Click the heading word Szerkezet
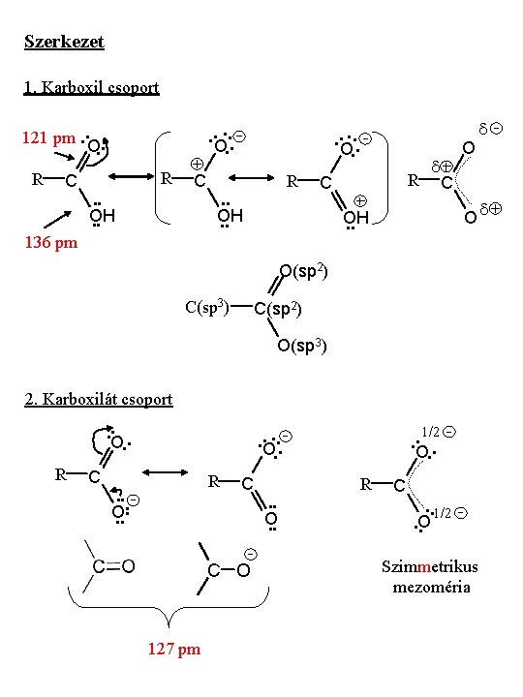pos(64,42)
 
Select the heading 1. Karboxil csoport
pos(92,87)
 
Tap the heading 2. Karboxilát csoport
pos(98,399)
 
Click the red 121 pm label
pos(49,137)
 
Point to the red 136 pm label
pos(51,242)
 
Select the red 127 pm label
pos(174,649)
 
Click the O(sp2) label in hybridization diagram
pos(303,271)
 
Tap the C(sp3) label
pos(207,307)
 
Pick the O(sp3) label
pos(302,346)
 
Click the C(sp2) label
pos(278,309)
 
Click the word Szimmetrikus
pos(430,566)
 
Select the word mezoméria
pos(431,588)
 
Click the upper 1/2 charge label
pos(439,432)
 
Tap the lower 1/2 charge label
pos(450,513)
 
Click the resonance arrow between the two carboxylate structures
pos(165,472)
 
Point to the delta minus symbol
pos(490,129)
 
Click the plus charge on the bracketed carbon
pos(197,164)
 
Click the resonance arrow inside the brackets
pos(251,178)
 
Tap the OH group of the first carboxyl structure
pos(103,216)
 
